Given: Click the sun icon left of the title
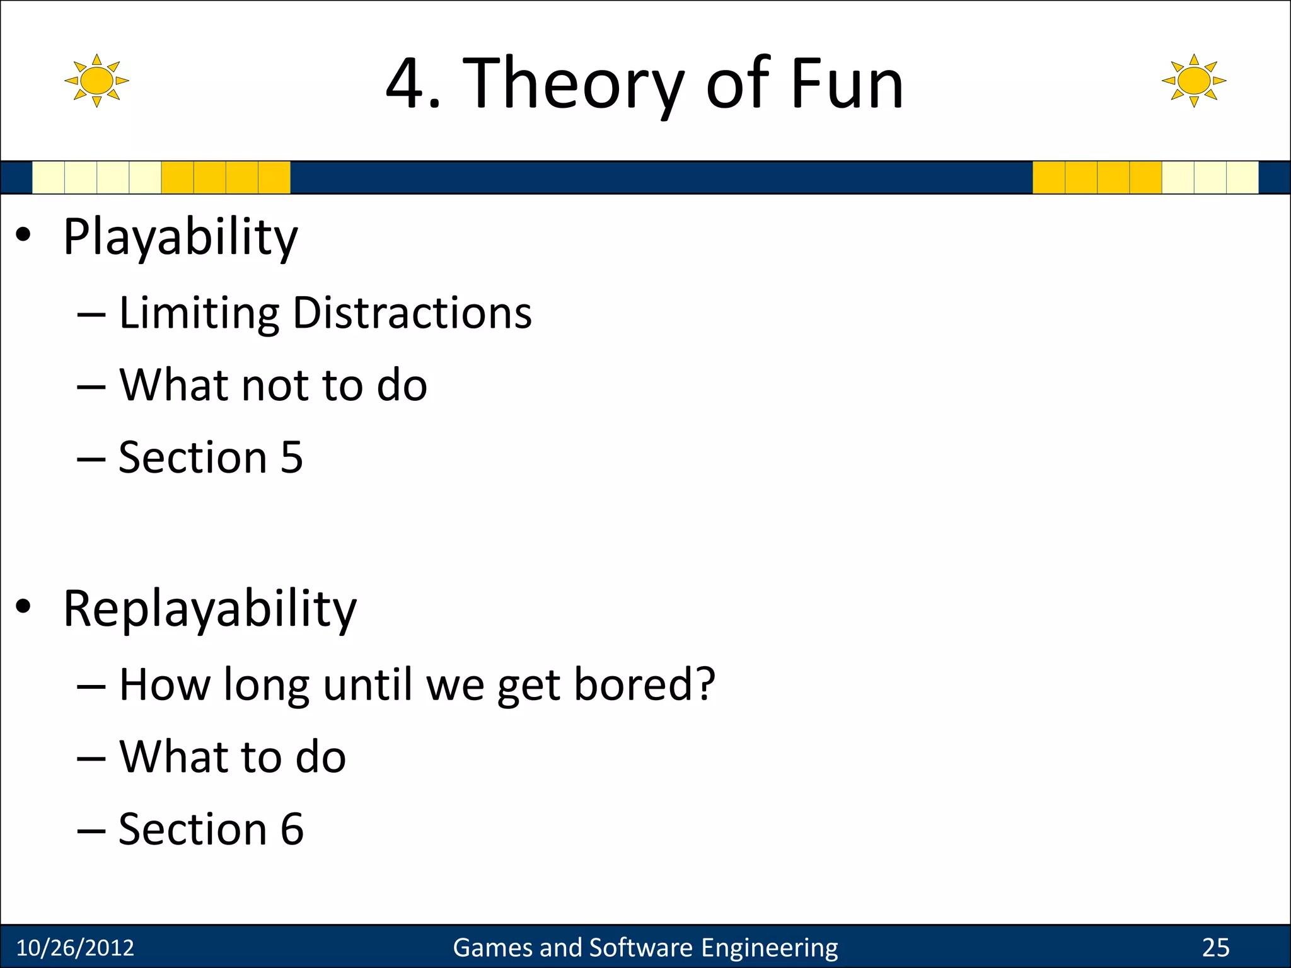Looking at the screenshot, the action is coord(96,81).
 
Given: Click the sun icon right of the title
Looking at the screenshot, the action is coord(1194,81).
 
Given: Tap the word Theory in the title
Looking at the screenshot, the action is coord(573,84).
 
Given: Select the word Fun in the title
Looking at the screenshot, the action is coord(847,84).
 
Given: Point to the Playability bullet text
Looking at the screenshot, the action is coord(180,238).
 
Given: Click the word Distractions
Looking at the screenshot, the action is coord(412,313).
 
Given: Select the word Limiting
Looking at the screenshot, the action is coord(199,313).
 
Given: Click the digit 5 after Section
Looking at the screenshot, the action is coord(292,458).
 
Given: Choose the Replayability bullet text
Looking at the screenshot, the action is coord(210,609).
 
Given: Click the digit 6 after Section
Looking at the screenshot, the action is coord(292,829).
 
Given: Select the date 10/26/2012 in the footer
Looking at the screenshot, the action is coord(75,948).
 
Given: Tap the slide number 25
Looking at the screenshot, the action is coord(1215,948).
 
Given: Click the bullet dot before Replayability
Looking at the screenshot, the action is coord(23,606).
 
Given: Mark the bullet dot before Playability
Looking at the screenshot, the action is coord(23,235).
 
